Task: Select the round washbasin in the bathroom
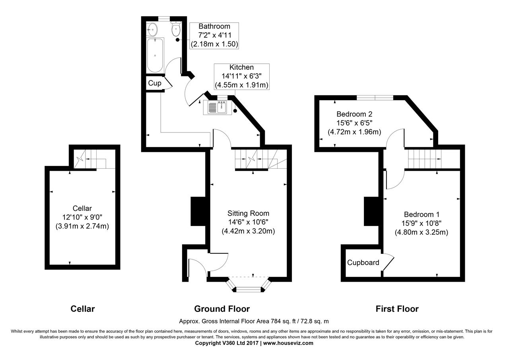click(x=152, y=28)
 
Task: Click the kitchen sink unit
click(x=215, y=107)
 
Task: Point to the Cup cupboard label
click(x=155, y=83)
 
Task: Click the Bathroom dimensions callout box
click(x=214, y=36)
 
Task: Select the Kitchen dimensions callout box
click(x=242, y=76)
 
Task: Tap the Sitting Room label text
click(x=248, y=214)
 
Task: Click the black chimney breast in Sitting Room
click(x=198, y=211)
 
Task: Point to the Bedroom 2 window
click(x=375, y=97)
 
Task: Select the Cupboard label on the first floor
click(x=363, y=263)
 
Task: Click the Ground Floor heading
click(x=222, y=309)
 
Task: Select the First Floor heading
click(x=397, y=309)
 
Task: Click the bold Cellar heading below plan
click(x=83, y=309)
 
